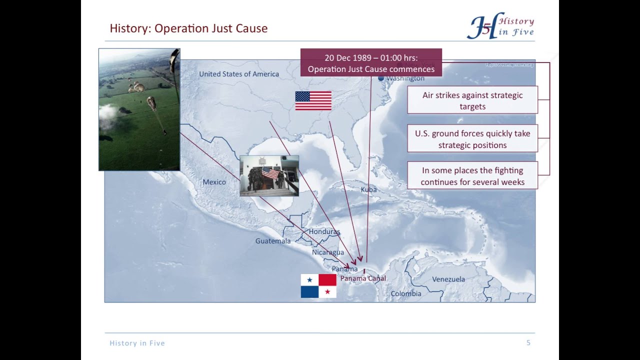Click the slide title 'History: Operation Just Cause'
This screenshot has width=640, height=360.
pos(188,28)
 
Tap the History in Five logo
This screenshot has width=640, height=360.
pos(500,26)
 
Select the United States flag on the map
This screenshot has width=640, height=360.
pos(313,100)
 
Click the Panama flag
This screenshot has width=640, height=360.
pos(318,286)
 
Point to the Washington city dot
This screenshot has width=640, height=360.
pos(381,78)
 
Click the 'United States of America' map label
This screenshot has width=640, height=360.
pos(239,74)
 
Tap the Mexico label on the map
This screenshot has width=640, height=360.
pos(214,182)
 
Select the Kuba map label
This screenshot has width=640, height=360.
pos(368,189)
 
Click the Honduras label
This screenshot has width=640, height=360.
pos(324,231)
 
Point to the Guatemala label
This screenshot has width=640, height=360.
pos(272,241)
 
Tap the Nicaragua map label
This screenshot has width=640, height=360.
pos(327,252)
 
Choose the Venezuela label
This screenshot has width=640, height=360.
pos(448,279)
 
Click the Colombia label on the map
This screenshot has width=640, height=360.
pos(405,293)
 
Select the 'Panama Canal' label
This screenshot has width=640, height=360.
pos(363,278)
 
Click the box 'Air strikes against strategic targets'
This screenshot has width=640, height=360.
pos(472,100)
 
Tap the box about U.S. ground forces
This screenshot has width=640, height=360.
pos(472,139)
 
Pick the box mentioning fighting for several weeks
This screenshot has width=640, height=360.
pos(472,176)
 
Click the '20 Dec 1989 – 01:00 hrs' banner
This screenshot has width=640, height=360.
pos(371,63)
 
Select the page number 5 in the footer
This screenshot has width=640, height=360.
pos(528,342)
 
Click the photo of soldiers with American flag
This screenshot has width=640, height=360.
pos(269,175)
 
